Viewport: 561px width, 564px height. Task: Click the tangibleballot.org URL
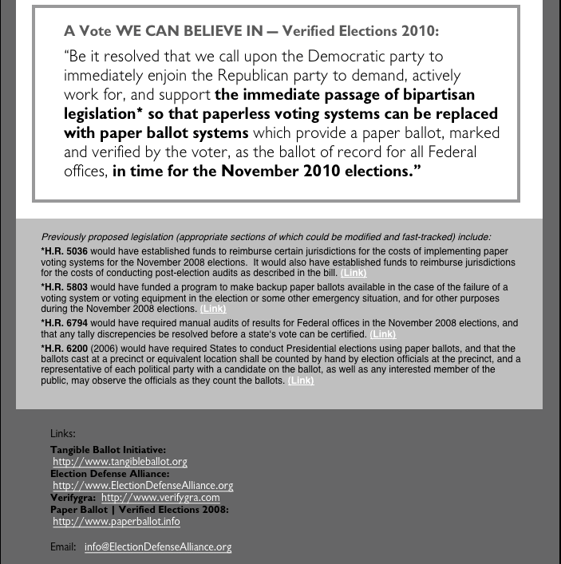tap(120, 462)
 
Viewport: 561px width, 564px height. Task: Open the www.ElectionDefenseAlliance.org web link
tap(143, 485)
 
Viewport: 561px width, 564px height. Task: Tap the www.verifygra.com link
tap(160, 497)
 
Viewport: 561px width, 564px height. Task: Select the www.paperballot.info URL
tap(117, 521)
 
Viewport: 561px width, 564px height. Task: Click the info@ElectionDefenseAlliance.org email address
tap(158, 547)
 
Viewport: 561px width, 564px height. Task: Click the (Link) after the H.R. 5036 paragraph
tap(354, 273)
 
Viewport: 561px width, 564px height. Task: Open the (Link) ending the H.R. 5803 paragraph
tap(213, 309)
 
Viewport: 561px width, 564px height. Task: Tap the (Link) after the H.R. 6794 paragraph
tap(383, 334)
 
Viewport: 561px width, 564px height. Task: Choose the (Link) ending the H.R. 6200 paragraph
tap(301, 381)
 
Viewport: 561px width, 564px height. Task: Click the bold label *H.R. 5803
tap(65, 286)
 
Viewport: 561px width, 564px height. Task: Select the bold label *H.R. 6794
tap(65, 323)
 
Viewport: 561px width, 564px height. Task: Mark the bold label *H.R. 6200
tap(65, 349)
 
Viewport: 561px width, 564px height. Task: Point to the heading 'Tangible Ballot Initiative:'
tap(108, 450)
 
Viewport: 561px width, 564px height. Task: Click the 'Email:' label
tap(63, 547)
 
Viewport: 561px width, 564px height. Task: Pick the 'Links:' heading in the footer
tap(62, 433)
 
